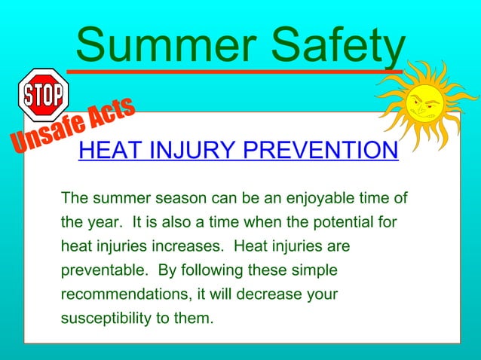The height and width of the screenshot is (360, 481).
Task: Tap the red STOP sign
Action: click(x=44, y=94)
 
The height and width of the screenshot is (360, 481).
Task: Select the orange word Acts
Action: click(x=109, y=114)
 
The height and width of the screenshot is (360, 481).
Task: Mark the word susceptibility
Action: click(x=105, y=318)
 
